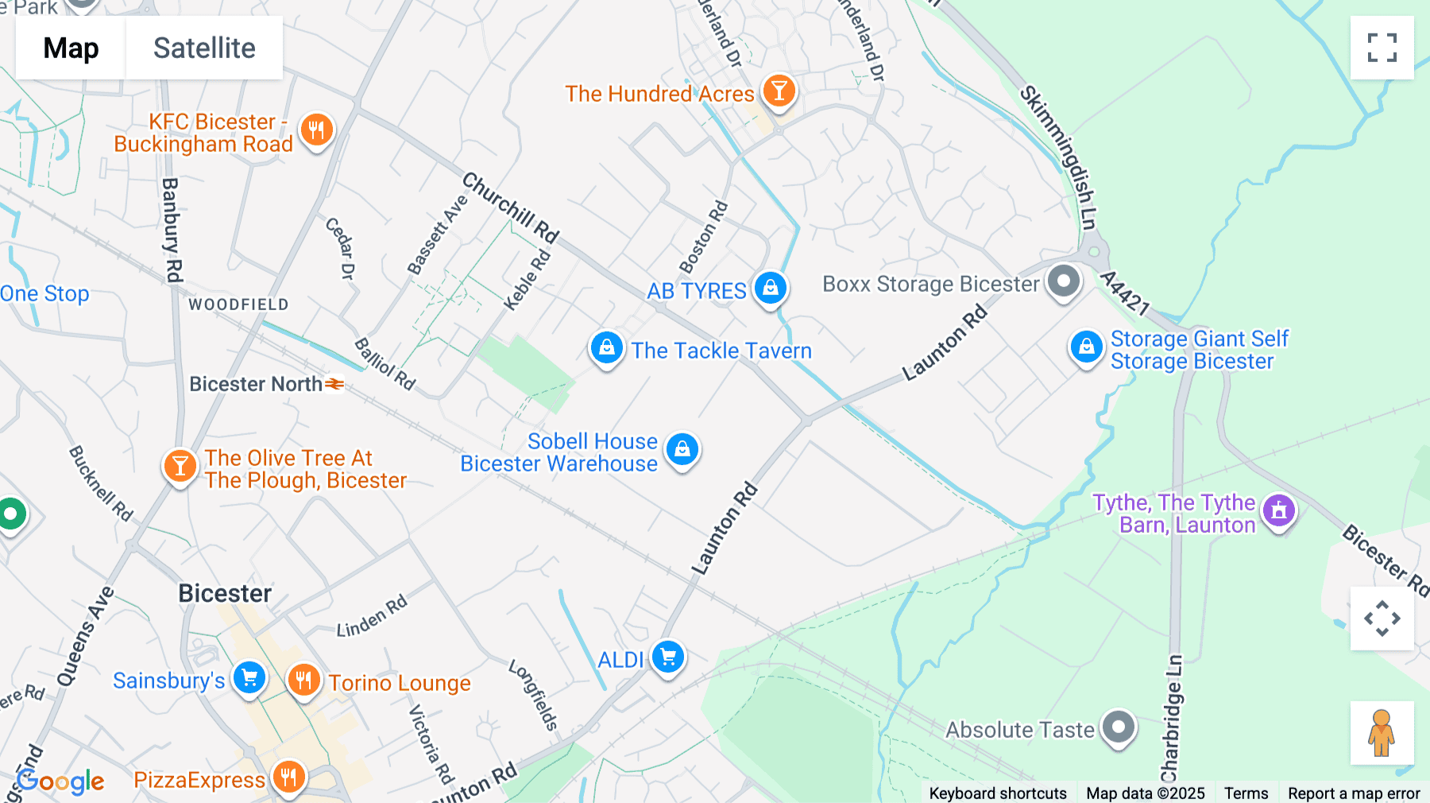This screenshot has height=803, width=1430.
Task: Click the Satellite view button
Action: click(204, 48)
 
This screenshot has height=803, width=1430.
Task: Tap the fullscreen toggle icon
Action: click(1382, 48)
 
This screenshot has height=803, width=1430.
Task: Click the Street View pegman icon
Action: click(1382, 733)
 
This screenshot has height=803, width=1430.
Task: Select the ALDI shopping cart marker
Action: click(667, 658)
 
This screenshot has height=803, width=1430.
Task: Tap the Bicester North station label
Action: click(256, 384)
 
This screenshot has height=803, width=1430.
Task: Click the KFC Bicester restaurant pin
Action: click(316, 130)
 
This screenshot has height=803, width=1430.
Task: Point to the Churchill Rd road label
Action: click(511, 208)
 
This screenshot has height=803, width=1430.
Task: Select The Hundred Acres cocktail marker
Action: click(779, 91)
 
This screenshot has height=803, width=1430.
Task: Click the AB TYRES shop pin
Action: click(770, 288)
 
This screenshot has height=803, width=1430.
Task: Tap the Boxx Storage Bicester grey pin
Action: click(1063, 281)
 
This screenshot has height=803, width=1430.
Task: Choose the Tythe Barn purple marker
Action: click(1278, 510)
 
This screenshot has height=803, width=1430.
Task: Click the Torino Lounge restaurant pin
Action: click(303, 681)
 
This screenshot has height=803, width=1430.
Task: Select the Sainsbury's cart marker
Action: click(249, 678)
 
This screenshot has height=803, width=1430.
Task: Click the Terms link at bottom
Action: click(1246, 793)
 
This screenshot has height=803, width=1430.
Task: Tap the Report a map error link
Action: click(1354, 793)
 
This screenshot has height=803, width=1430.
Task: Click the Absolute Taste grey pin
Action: click(1119, 727)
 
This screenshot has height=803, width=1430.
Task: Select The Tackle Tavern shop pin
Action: click(606, 348)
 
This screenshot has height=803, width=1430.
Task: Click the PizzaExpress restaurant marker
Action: click(288, 777)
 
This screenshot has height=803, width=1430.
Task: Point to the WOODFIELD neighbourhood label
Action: click(238, 305)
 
